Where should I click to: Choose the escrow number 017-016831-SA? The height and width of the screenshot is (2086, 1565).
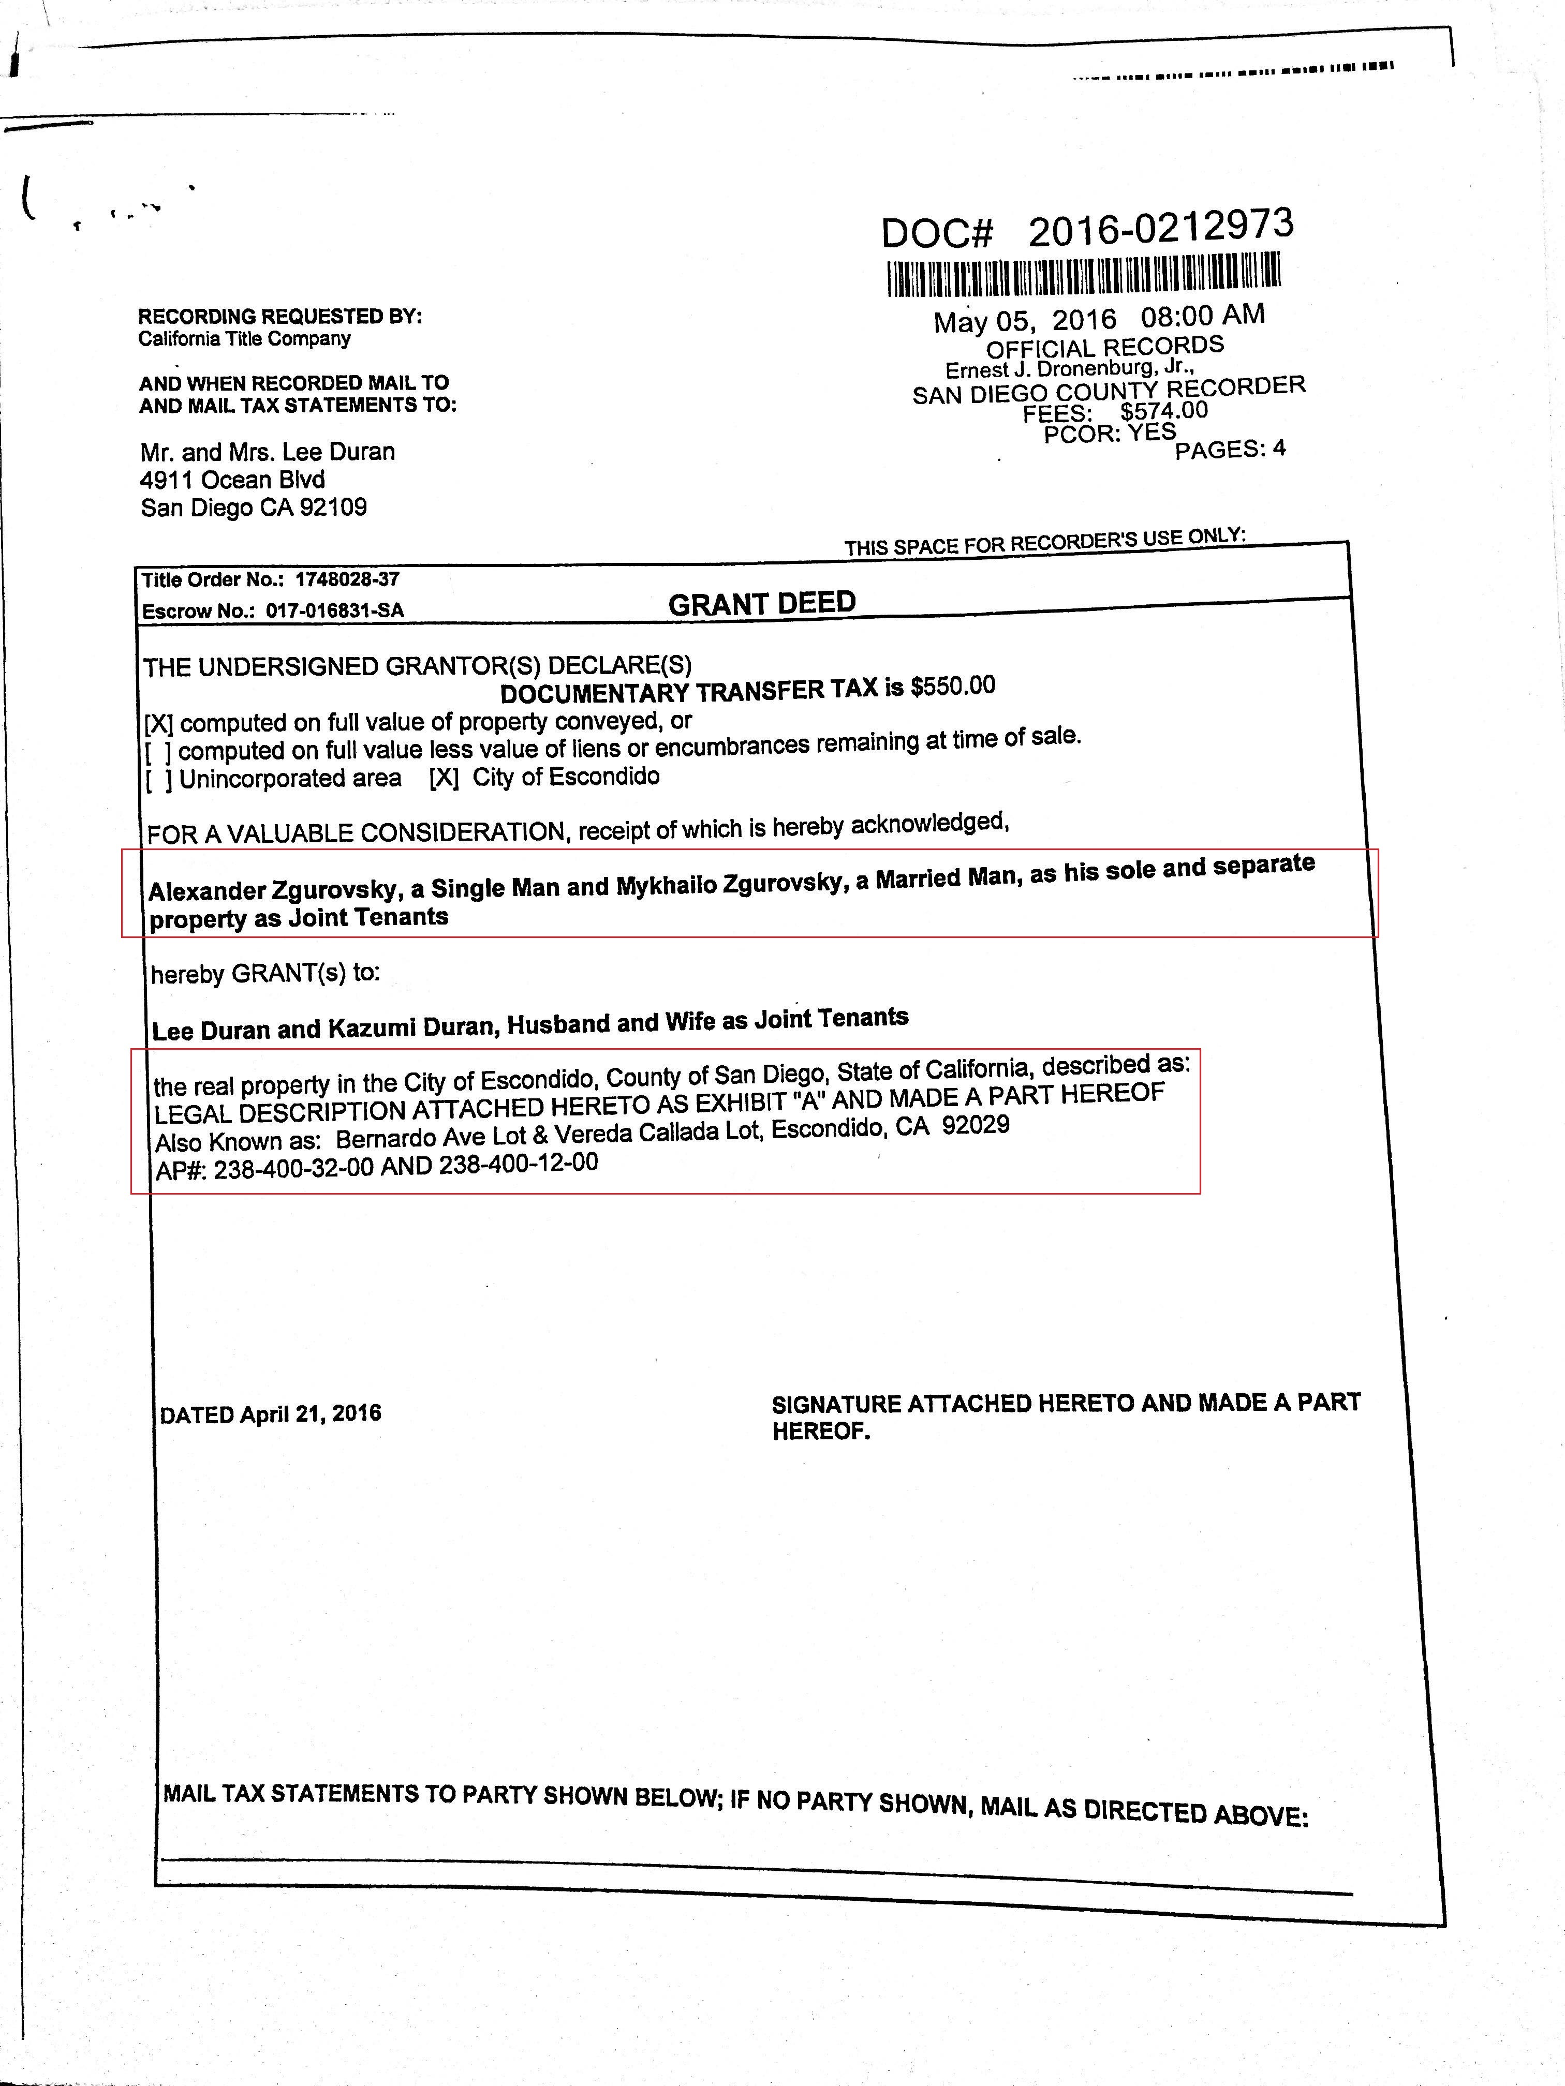point(335,610)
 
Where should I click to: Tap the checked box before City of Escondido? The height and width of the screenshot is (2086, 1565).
point(444,777)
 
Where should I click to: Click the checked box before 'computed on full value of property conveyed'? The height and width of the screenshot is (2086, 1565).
point(158,724)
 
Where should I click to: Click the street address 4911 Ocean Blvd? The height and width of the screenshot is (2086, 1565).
point(232,479)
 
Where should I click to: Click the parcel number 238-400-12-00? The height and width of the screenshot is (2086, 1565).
point(518,1165)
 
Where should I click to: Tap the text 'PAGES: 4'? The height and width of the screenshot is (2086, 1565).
point(1229,449)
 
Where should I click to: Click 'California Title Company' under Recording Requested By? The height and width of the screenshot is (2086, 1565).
point(244,338)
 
